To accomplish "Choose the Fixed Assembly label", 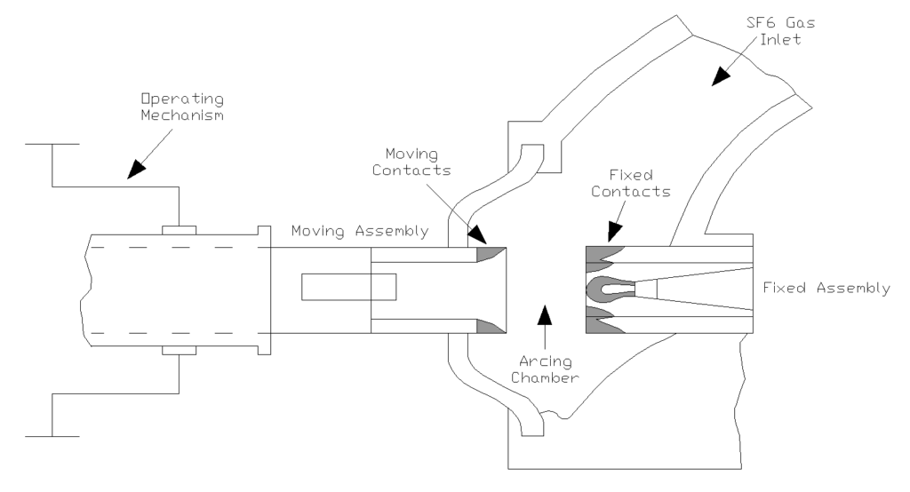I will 826,288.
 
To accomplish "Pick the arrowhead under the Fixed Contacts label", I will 612,233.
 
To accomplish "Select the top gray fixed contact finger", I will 606,258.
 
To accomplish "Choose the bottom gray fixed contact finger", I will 606,318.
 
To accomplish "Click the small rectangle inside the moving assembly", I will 349,288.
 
